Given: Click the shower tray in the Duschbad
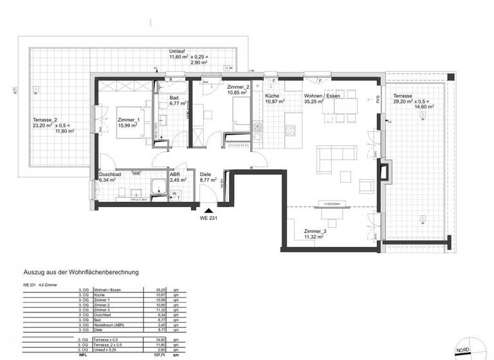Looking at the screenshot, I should point(156,187).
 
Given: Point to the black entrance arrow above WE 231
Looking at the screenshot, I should point(208,209).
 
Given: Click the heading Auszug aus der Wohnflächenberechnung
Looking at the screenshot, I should point(81,272).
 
